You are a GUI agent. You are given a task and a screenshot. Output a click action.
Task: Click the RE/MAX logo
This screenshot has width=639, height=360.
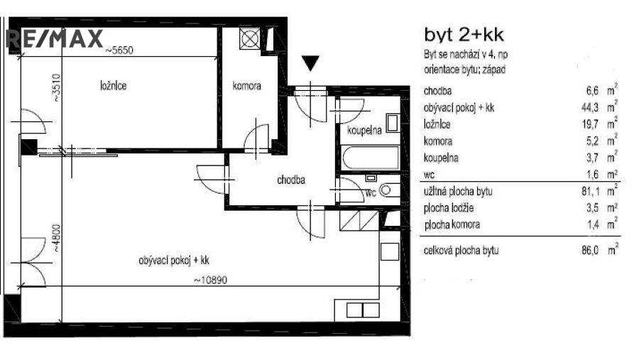coord(55,38)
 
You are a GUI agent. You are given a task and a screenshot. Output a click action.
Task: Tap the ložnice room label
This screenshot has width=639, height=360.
coord(114,86)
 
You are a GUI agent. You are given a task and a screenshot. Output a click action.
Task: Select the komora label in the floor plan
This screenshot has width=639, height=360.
coord(247,86)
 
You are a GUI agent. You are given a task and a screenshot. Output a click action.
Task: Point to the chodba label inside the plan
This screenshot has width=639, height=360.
coord(290,180)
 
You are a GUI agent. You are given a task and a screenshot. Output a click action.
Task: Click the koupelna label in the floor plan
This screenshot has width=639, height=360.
coord(365,131)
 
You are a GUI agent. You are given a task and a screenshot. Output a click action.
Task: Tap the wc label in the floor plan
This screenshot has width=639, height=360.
coord(370,192)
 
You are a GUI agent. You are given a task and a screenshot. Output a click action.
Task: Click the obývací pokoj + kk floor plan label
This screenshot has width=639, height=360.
coord(174,261)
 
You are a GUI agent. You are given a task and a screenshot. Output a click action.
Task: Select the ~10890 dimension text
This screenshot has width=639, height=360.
coord(210,280)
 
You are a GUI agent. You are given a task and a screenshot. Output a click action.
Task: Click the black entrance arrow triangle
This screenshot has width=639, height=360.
coord(310,64)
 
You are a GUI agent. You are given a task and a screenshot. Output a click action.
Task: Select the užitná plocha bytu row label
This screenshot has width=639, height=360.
coord(458,192)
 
